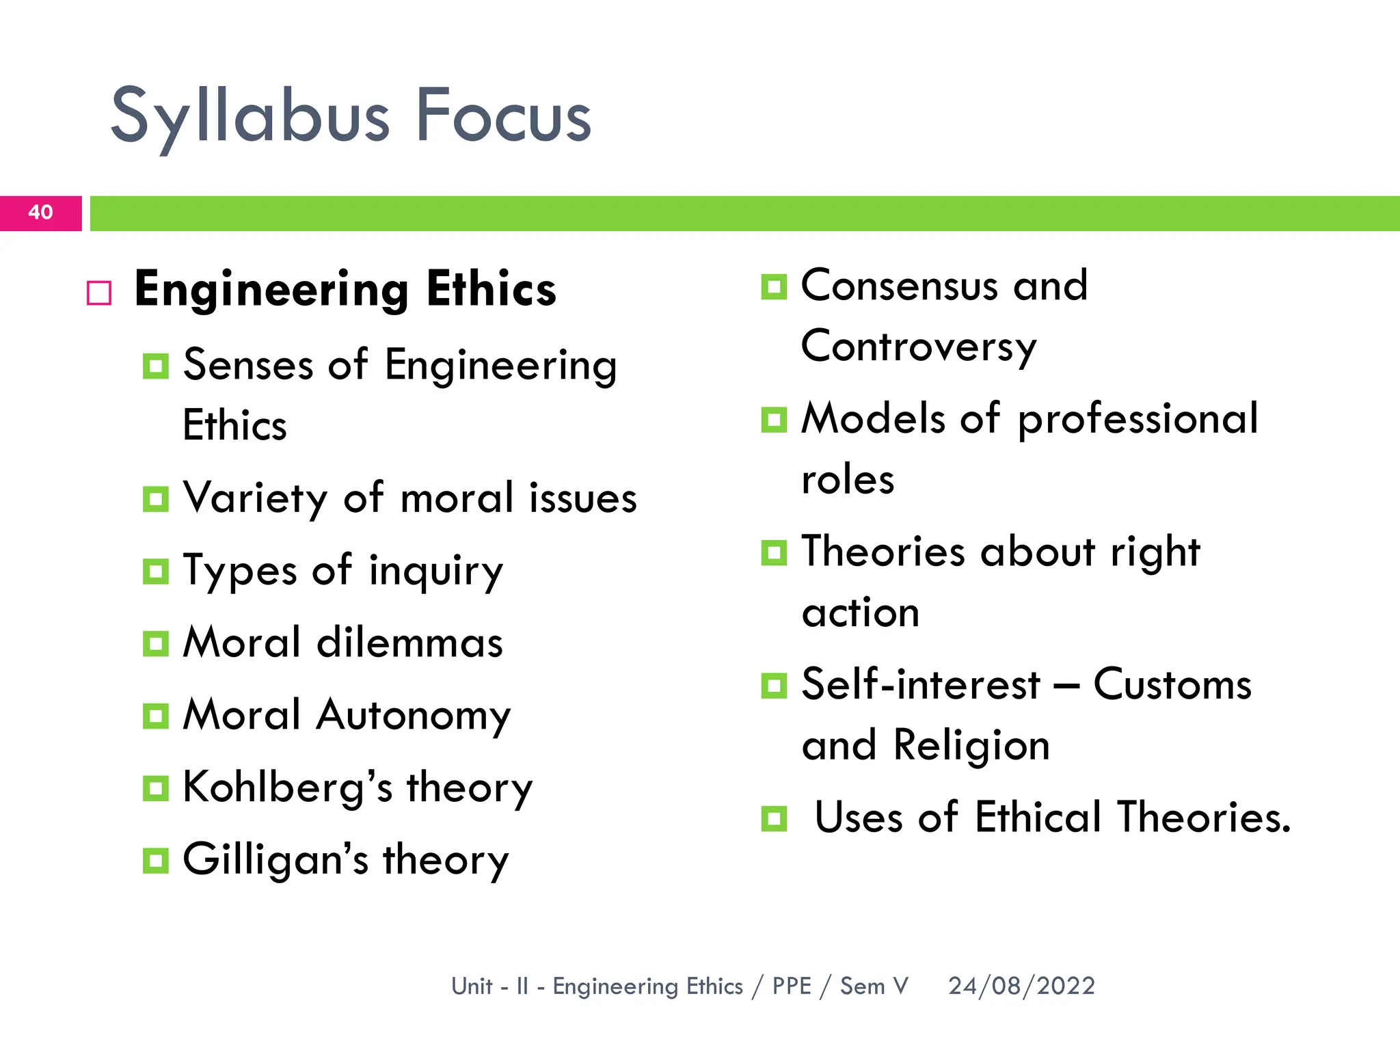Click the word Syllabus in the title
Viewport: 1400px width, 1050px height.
click(x=250, y=118)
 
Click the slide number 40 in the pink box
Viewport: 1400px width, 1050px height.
click(x=40, y=212)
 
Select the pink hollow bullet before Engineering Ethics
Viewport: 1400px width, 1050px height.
click(x=99, y=293)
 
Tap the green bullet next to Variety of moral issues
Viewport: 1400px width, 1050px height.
click(x=156, y=499)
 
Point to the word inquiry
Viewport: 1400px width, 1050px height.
click(x=436, y=571)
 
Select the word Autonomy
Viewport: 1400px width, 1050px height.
click(x=414, y=716)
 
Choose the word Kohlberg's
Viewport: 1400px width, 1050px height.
click(x=288, y=787)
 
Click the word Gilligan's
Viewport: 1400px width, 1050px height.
click(x=275, y=860)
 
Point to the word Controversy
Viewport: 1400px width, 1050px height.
click(x=919, y=347)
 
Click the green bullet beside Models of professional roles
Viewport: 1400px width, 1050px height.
click(x=774, y=419)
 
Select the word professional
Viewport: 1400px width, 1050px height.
click(x=1137, y=419)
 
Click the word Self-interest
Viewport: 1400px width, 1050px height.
click(x=920, y=684)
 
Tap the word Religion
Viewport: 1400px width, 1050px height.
click(x=971, y=745)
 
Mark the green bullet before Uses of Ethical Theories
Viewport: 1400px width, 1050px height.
click(x=774, y=818)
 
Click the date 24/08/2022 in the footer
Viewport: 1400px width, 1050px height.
click(x=1021, y=986)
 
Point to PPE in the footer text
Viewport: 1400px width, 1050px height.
click(x=792, y=986)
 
